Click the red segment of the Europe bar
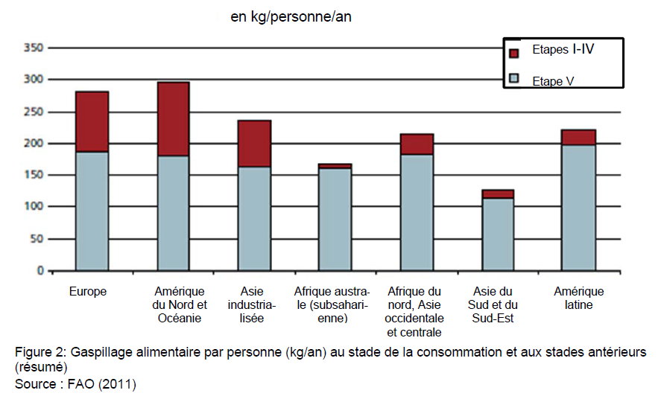[92, 121]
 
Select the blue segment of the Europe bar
[92, 211]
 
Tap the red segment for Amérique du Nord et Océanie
[173, 119]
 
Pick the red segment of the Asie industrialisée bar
[254, 144]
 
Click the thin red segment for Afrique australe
[335, 166]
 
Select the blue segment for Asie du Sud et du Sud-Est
[498, 234]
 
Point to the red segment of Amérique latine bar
[578, 138]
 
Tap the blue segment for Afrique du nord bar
[417, 212]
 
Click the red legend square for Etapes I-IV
[514, 53]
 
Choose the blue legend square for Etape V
[514, 78]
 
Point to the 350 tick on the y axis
[34, 48]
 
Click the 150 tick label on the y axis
[34, 175]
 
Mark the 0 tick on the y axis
[40, 270]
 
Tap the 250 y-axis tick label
[34, 112]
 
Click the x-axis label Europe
[88, 292]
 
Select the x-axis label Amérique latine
[578, 298]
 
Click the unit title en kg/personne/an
[291, 16]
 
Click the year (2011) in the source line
[118, 384]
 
